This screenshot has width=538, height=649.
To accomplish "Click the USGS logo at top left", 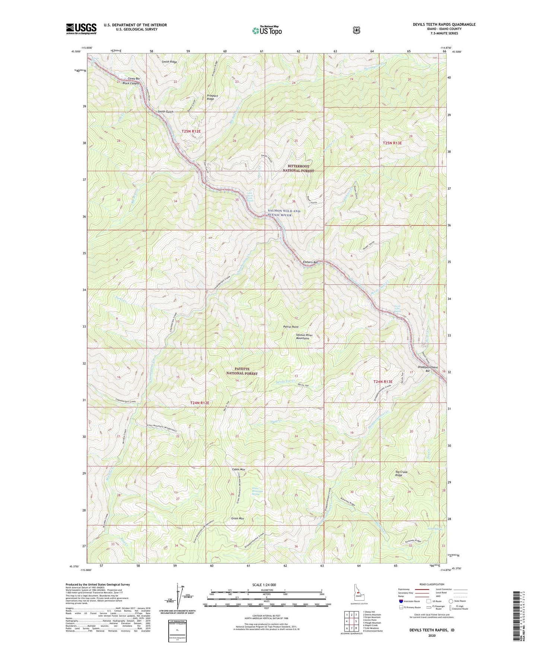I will (81, 29).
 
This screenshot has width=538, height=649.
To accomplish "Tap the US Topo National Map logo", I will (266, 30).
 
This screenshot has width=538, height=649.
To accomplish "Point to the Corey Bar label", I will (134, 79).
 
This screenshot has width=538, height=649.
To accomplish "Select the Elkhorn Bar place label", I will (310, 262).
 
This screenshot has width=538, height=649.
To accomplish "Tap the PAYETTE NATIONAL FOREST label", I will (242, 371).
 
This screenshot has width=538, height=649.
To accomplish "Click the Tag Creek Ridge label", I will (401, 474).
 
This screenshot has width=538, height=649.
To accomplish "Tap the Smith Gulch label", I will (166, 112).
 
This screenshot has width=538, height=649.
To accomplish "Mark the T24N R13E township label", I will (383, 382).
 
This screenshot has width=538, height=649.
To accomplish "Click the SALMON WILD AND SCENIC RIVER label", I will (284, 213).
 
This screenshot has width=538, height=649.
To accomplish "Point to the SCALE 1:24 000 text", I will (264, 585).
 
